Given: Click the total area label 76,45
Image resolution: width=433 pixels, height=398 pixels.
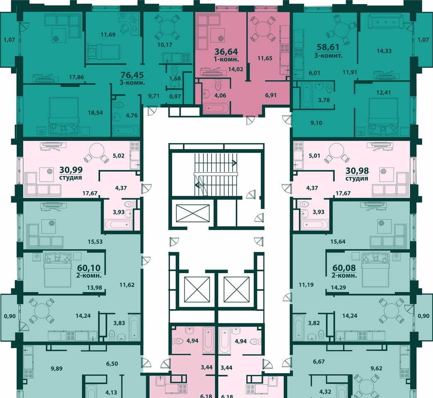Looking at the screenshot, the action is pos(133,75).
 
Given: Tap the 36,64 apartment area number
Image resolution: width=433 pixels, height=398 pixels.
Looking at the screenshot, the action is pos(226,51).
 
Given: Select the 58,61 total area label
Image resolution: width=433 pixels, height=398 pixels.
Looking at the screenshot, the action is pos(328,47).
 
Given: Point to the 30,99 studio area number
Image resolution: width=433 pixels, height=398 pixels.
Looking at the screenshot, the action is pos(71,170).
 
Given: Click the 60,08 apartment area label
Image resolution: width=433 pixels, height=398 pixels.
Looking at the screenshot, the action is pos(344,268).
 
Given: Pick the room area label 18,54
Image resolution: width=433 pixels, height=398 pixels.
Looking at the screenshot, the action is pos(95,113).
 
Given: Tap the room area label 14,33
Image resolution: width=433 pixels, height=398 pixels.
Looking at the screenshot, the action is pos(384,51).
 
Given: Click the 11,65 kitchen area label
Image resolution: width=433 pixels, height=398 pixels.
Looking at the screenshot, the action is pos(265,58).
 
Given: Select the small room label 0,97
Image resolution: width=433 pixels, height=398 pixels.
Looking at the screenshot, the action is pos(175,96).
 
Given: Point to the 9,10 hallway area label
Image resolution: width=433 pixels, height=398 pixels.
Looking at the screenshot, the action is pos(316,123).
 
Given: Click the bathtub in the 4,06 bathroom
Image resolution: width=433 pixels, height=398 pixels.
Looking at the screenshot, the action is pos(216,109).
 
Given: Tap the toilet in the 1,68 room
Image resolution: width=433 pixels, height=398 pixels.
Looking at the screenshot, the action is pos(175,70).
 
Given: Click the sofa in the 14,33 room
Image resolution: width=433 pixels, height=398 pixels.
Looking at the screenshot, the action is pos(386,22).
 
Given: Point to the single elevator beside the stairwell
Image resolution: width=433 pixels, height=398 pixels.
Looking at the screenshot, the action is pos(193,213).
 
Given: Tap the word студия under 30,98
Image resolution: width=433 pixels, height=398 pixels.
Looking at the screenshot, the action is pos(357,179).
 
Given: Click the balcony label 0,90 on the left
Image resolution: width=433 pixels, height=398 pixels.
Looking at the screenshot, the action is pos(10,316).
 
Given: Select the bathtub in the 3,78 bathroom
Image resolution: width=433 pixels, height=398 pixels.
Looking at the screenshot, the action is pos(306,96).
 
